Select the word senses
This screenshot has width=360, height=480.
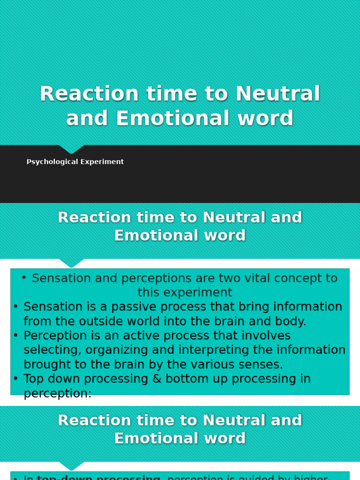258,365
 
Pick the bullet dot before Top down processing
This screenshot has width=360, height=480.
15,379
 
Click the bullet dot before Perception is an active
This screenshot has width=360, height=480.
15,336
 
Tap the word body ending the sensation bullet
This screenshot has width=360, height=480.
290,322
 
